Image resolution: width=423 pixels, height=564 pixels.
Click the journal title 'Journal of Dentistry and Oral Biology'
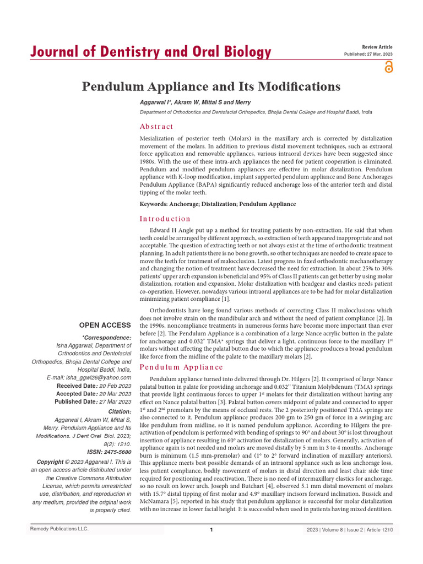pos(150,52)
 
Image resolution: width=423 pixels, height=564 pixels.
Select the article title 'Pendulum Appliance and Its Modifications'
pos(211,86)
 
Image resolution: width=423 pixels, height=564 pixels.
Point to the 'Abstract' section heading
pos(156,126)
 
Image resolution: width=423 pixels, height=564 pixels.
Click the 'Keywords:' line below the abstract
pos(218,204)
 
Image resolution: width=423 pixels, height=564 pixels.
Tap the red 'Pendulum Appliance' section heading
pos(181,367)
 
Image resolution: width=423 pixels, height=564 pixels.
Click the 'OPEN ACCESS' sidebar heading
pos(105,325)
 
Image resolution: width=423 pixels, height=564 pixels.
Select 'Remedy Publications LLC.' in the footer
pos(58,529)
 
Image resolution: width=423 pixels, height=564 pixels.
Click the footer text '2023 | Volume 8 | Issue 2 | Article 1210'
pos(350,529)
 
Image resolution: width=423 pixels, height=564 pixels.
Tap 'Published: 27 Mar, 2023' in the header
pos(368,55)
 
